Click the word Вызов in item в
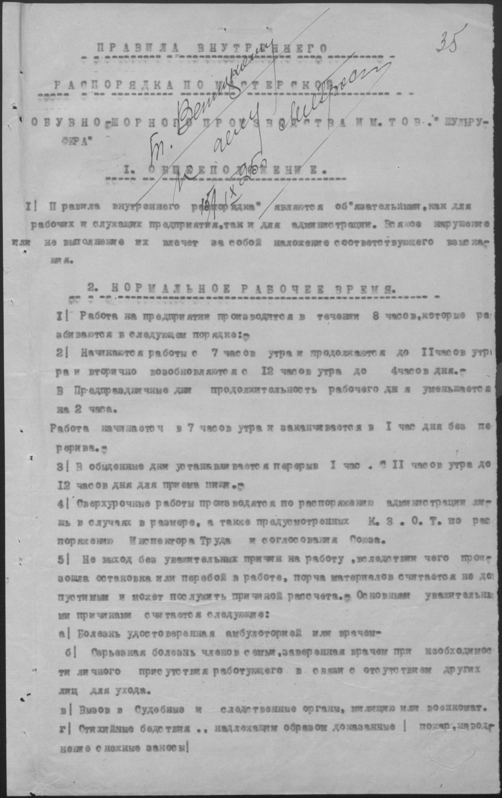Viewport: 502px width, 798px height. click(x=94, y=708)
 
